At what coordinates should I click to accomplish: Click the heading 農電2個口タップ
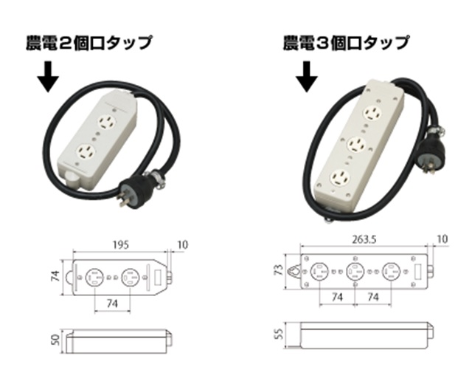tap(88, 43)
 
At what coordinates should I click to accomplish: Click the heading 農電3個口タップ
tap(346, 43)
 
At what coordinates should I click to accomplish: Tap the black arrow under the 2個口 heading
tap(48, 77)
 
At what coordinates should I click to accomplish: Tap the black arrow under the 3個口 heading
tap(307, 77)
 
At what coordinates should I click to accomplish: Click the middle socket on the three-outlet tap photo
tap(356, 145)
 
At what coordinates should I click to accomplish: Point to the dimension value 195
tap(121, 244)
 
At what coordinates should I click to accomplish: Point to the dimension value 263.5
tap(364, 239)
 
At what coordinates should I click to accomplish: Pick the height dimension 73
tap(280, 270)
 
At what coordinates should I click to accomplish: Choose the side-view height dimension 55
tap(280, 335)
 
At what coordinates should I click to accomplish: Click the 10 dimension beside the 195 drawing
tap(181, 244)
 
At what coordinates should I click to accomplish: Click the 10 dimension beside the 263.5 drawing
tap(442, 239)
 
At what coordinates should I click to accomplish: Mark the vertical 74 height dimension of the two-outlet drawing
tap(56, 276)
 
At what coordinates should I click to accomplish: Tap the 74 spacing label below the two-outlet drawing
tap(112, 304)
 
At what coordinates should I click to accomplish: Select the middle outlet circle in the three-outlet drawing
tap(355, 272)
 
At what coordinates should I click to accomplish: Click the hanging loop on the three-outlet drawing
tap(295, 272)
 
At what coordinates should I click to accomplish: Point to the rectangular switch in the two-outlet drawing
tap(158, 277)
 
